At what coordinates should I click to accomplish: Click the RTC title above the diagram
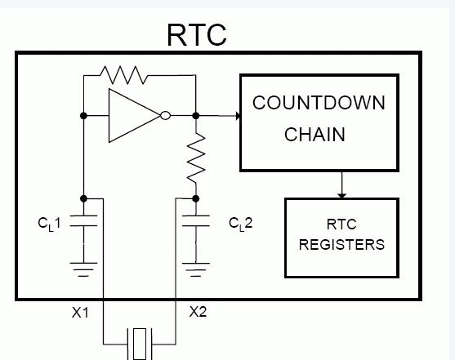(197, 35)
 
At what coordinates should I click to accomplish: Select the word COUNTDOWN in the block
(319, 103)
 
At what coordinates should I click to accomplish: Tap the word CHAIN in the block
(314, 135)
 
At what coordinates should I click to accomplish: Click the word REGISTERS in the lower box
(341, 245)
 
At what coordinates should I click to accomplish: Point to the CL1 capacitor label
(49, 224)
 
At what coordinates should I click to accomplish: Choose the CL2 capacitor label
(241, 224)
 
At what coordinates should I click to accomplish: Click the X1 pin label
(80, 313)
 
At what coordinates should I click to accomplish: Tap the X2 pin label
(199, 312)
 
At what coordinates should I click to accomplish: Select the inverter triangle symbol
(135, 115)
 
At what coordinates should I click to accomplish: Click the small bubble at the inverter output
(165, 115)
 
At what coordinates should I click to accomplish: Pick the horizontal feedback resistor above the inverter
(124, 75)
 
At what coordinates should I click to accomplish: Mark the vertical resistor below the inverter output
(196, 158)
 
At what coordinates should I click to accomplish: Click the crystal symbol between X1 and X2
(140, 344)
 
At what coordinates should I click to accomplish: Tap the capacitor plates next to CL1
(83, 220)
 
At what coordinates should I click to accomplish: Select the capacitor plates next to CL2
(196, 220)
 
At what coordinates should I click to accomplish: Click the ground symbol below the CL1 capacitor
(83, 269)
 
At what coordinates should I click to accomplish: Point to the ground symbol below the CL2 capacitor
(196, 269)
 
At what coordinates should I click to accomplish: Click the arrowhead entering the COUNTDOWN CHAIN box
(239, 116)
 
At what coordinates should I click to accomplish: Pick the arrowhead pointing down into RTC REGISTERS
(341, 196)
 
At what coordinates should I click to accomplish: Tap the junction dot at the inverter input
(83, 116)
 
